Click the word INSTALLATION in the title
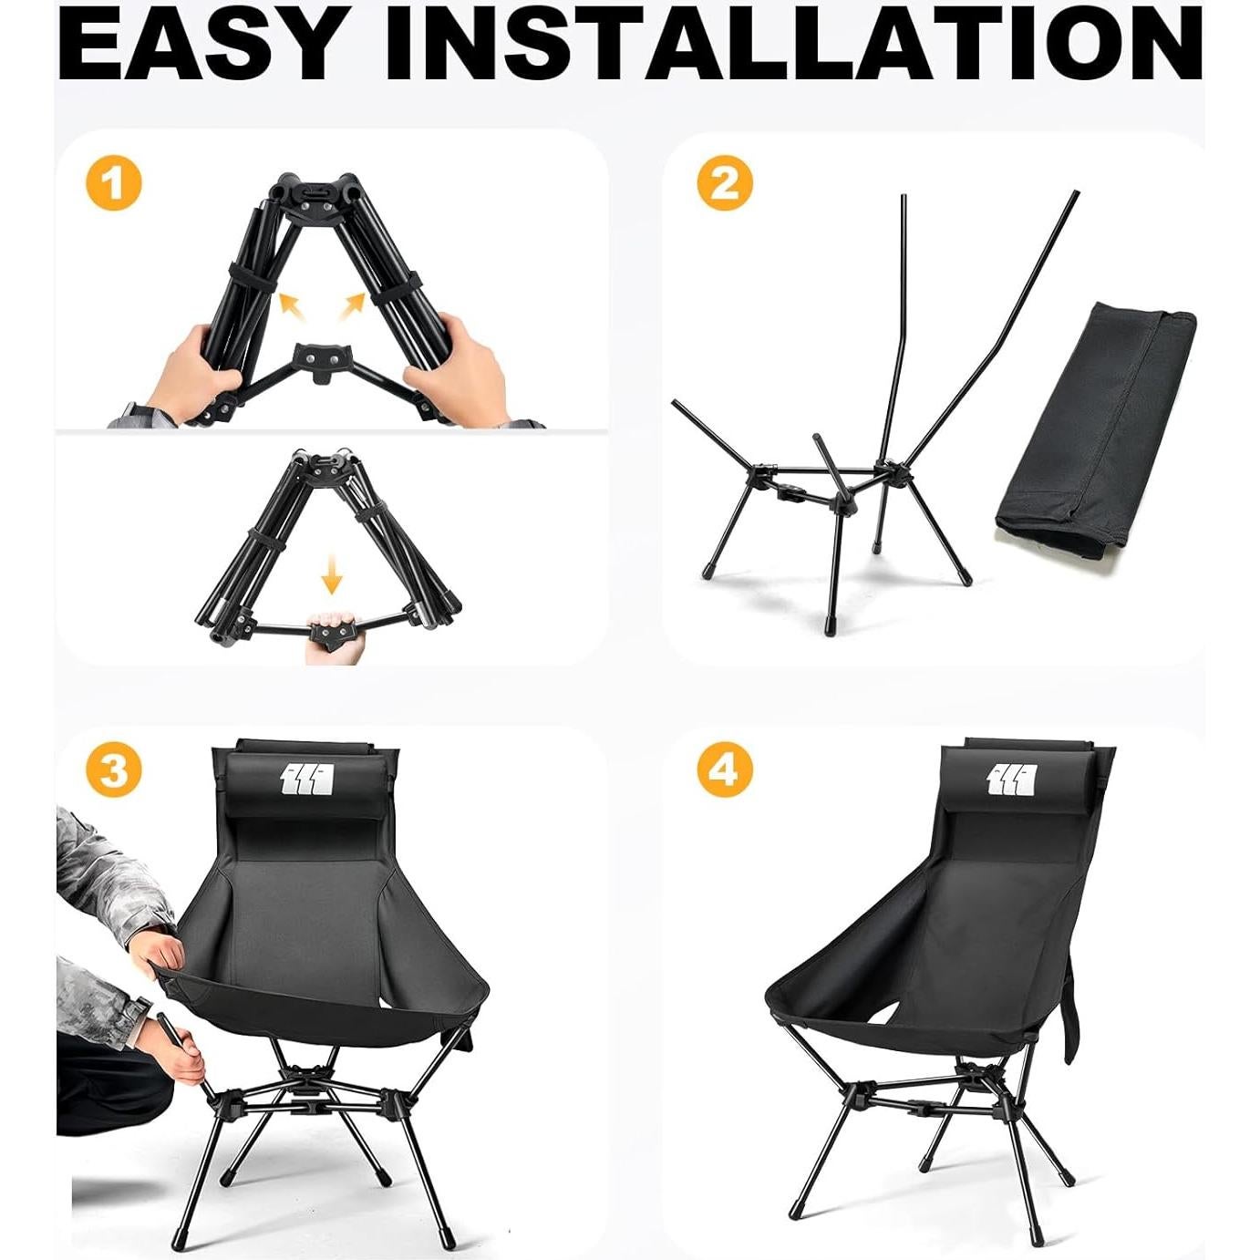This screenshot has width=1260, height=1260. (793, 45)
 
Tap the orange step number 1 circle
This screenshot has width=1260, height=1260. (114, 184)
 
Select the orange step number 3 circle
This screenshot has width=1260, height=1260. (114, 769)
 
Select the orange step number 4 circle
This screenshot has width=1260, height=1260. (725, 769)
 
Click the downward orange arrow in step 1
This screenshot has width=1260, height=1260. (332, 576)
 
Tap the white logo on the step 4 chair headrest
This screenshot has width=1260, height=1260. (1012, 780)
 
